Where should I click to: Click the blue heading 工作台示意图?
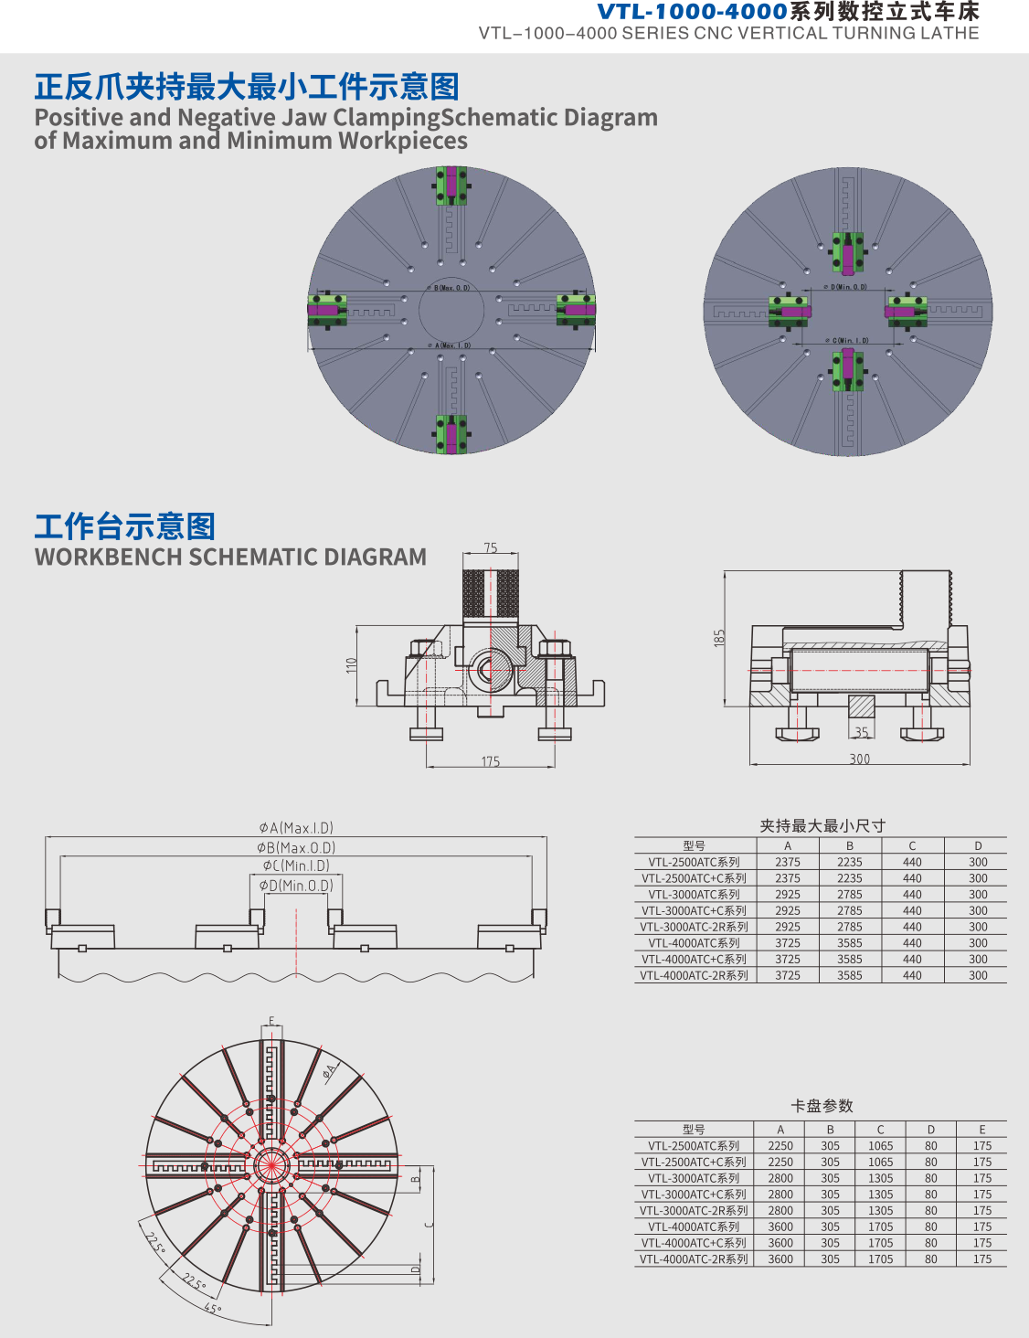tap(125, 526)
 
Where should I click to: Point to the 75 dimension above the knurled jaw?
tap(491, 548)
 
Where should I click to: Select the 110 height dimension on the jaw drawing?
tap(351, 665)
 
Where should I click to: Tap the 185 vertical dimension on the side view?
tap(719, 638)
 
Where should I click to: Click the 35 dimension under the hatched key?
tap(861, 732)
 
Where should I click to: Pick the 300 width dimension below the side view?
tap(860, 759)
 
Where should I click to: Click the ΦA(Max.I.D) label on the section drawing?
tap(296, 828)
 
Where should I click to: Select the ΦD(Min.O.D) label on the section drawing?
tap(296, 886)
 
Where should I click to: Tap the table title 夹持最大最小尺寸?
tap(822, 826)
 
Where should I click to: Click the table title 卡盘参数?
tap(822, 1106)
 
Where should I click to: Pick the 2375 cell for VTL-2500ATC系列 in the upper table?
tap(788, 862)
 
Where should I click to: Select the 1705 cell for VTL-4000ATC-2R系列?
tap(881, 1259)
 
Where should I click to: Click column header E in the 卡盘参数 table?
tap(982, 1130)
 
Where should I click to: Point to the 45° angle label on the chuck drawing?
tap(212, 1309)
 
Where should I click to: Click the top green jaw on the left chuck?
tap(451, 186)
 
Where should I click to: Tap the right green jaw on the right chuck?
tap(906, 311)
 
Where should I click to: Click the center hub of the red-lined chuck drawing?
tap(271, 1164)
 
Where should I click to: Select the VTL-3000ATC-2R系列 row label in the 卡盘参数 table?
tap(694, 1211)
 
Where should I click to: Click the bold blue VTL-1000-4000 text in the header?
tap(692, 12)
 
